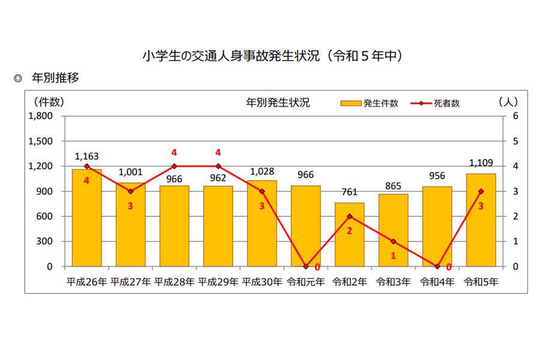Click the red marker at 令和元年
tap(305, 266)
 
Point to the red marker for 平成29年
tap(218, 166)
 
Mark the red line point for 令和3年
tap(393, 241)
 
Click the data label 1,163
tap(86, 157)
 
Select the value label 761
tap(349, 192)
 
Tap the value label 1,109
tap(481, 163)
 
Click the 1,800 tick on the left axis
tap(41, 116)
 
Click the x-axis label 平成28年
tap(174, 281)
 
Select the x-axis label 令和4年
tap(437, 281)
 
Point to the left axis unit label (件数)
tap(49, 102)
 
